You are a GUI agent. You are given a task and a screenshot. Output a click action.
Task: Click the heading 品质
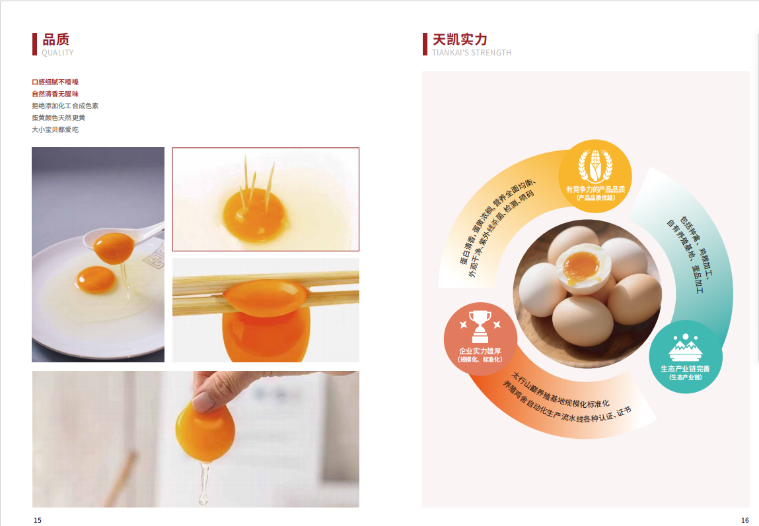[x=55, y=39]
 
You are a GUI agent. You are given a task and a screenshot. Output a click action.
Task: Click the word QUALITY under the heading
[x=57, y=53]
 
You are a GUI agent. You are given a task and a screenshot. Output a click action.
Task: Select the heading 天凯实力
[x=459, y=39]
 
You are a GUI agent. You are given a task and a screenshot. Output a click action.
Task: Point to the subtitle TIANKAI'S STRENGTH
[x=472, y=53]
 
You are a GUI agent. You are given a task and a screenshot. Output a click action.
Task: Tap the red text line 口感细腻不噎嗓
[x=55, y=82]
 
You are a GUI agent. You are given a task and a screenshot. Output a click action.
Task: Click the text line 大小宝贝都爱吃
[x=55, y=129]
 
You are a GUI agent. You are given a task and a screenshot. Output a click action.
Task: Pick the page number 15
[x=37, y=520]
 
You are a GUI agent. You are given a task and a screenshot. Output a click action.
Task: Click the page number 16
[x=745, y=520]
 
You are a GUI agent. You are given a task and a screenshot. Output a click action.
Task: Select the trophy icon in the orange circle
[x=480, y=327]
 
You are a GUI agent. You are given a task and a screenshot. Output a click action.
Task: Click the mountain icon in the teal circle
[x=686, y=348]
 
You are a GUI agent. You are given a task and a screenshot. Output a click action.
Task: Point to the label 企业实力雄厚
[x=480, y=351]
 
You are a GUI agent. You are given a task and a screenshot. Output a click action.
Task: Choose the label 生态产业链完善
[x=686, y=369]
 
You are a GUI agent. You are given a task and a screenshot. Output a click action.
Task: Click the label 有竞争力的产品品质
[x=595, y=189]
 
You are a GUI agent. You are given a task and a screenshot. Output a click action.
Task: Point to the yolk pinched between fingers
[x=205, y=430]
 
